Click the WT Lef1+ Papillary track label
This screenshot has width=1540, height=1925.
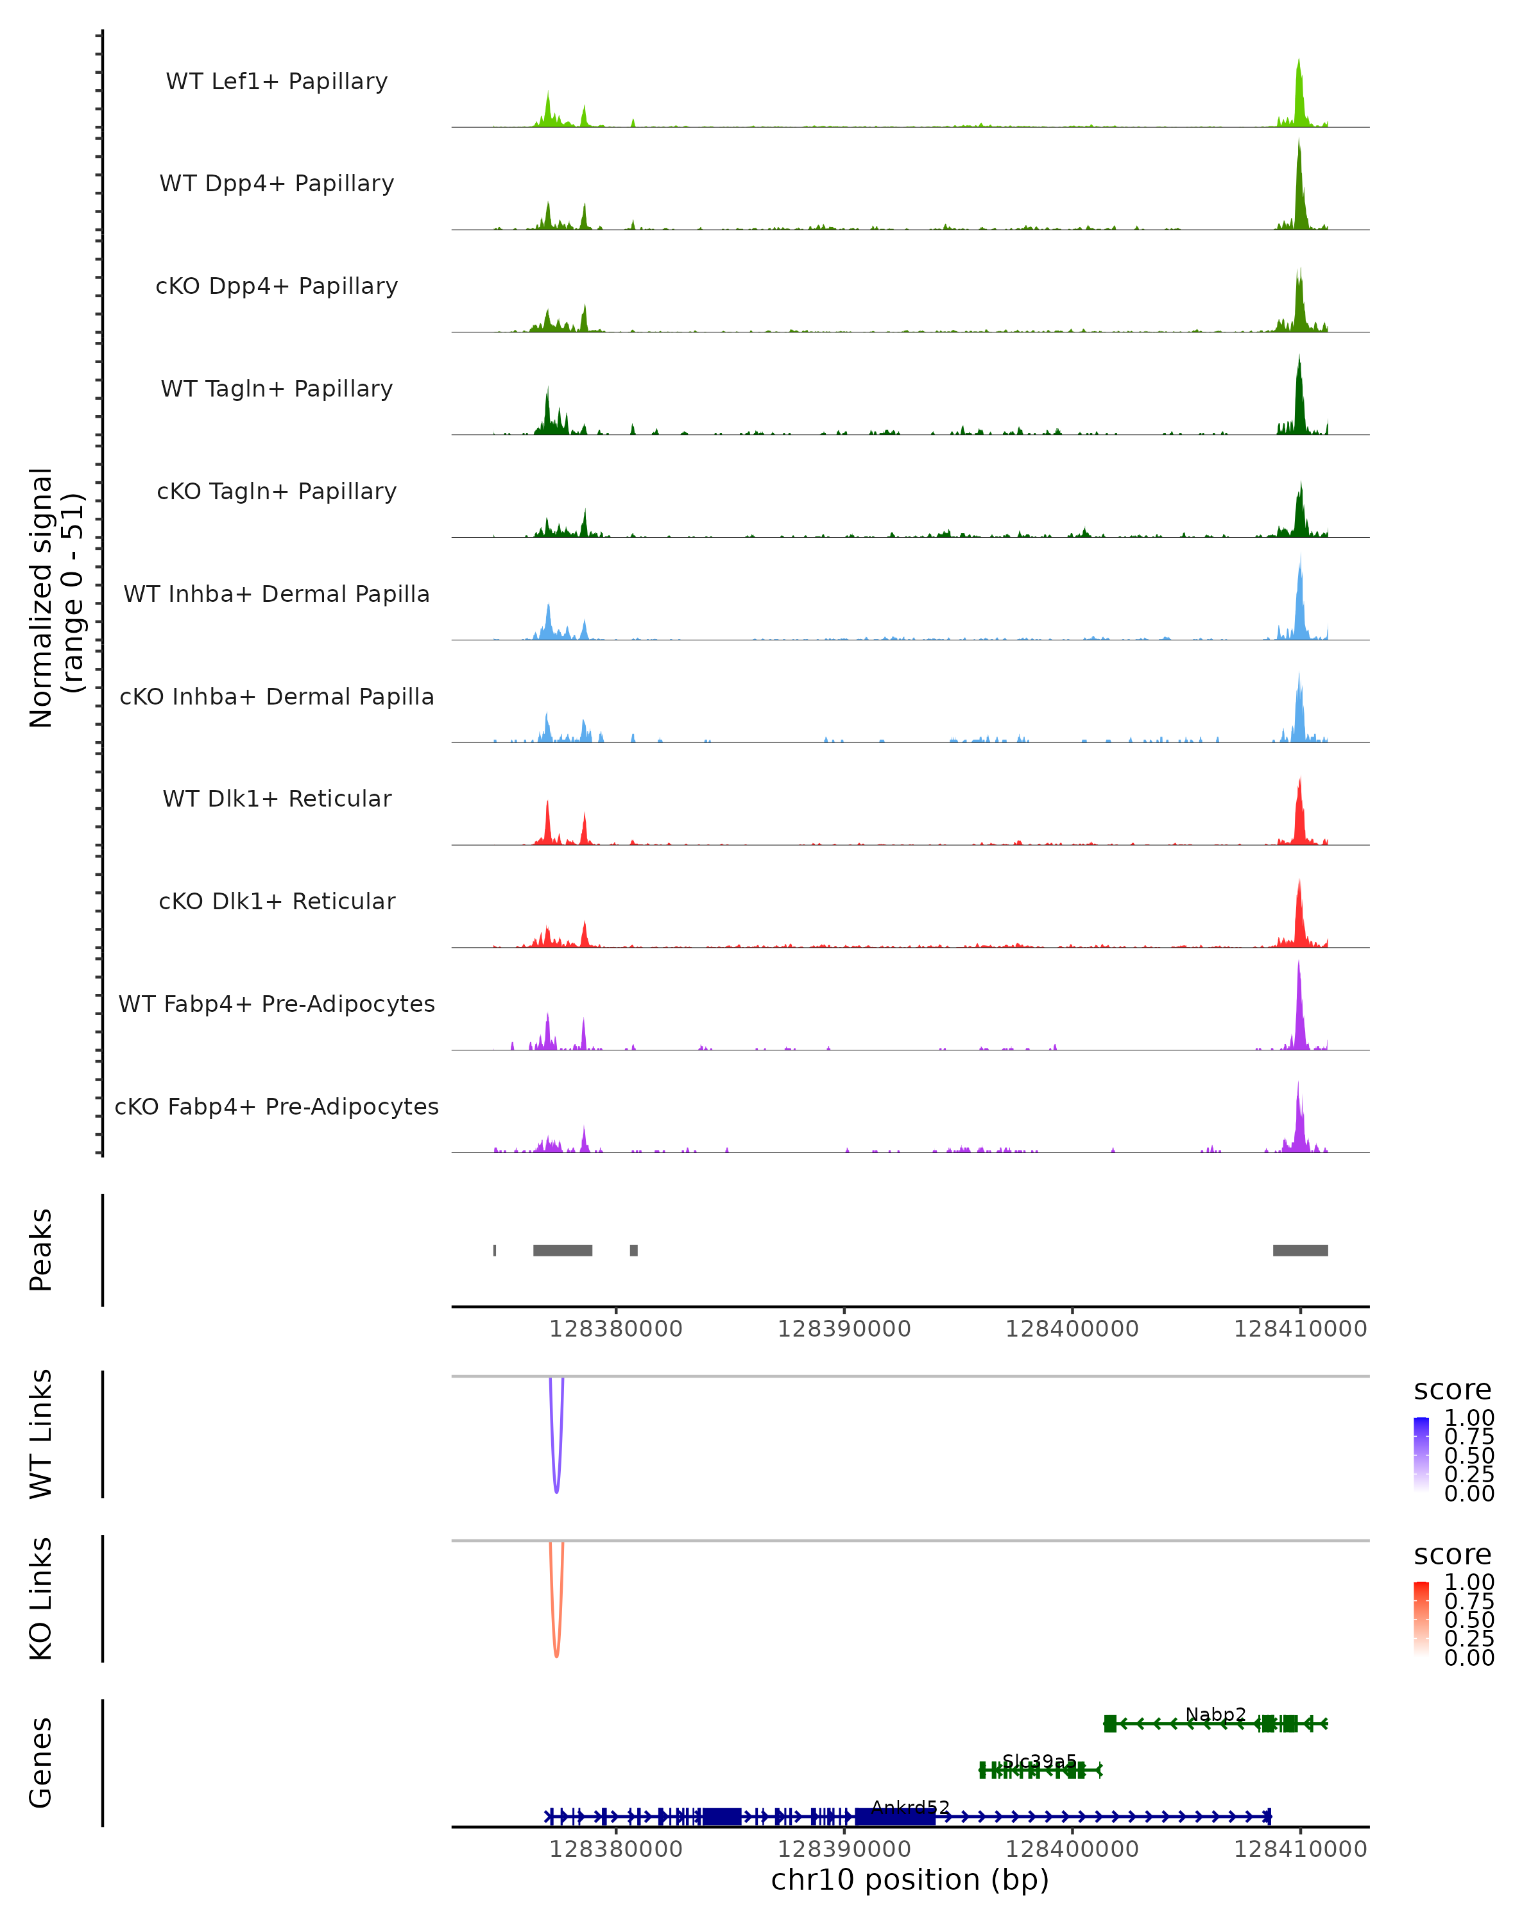[277, 81]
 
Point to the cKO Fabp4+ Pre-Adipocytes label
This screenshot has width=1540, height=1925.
[277, 1106]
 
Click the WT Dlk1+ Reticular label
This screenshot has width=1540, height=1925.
[277, 798]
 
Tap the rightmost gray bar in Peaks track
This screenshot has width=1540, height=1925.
[1300, 1250]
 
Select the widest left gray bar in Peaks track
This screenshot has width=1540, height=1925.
[563, 1250]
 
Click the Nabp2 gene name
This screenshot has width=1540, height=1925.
[1215, 1715]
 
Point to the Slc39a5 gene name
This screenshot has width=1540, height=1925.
[1039, 1761]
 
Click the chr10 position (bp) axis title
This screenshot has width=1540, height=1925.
[910, 1879]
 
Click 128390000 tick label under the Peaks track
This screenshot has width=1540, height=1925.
[844, 1329]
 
